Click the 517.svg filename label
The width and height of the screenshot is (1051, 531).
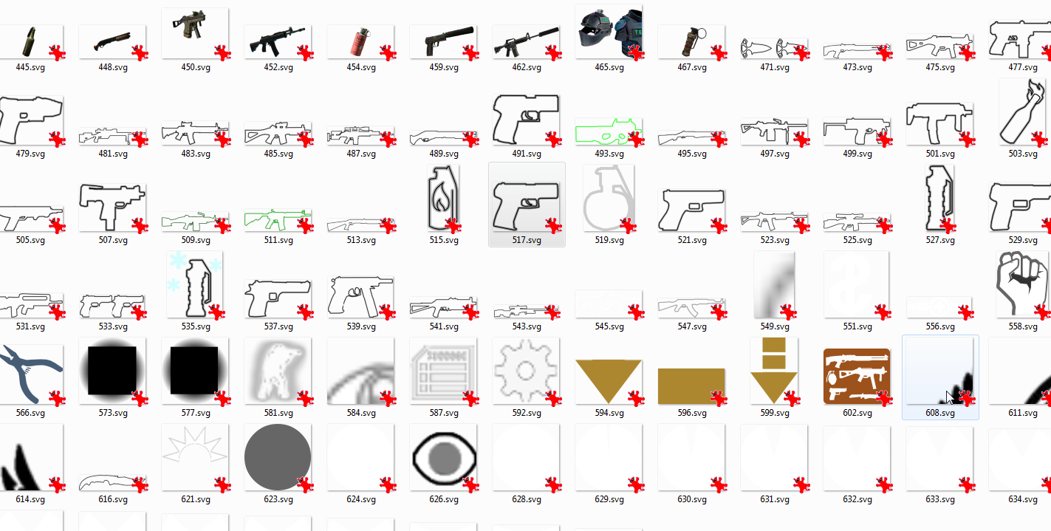(x=527, y=240)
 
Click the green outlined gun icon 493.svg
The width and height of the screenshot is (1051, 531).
(x=607, y=131)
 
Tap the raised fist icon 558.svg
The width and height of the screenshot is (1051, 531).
(x=1022, y=284)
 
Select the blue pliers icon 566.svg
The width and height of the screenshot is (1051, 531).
(x=30, y=372)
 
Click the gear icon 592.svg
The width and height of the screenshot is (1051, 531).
(x=526, y=371)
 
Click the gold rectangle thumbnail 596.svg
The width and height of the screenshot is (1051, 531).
(x=691, y=386)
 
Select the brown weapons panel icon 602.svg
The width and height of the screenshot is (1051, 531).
(x=856, y=376)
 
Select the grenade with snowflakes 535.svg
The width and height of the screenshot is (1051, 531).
(x=195, y=284)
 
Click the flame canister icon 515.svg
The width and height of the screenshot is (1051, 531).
(x=442, y=199)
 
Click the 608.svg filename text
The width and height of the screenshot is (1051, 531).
(x=940, y=413)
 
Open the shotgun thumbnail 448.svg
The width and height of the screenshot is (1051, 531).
(x=112, y=42)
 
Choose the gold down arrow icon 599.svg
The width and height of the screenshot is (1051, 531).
(x=773, y=370)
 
